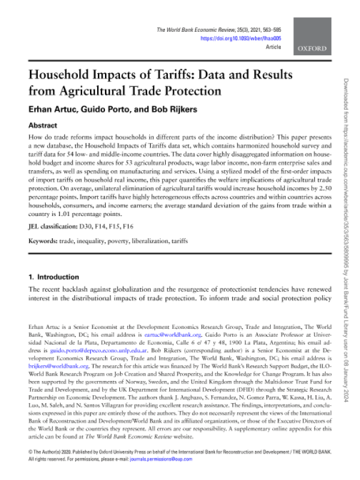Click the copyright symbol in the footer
tap(31, 450)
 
